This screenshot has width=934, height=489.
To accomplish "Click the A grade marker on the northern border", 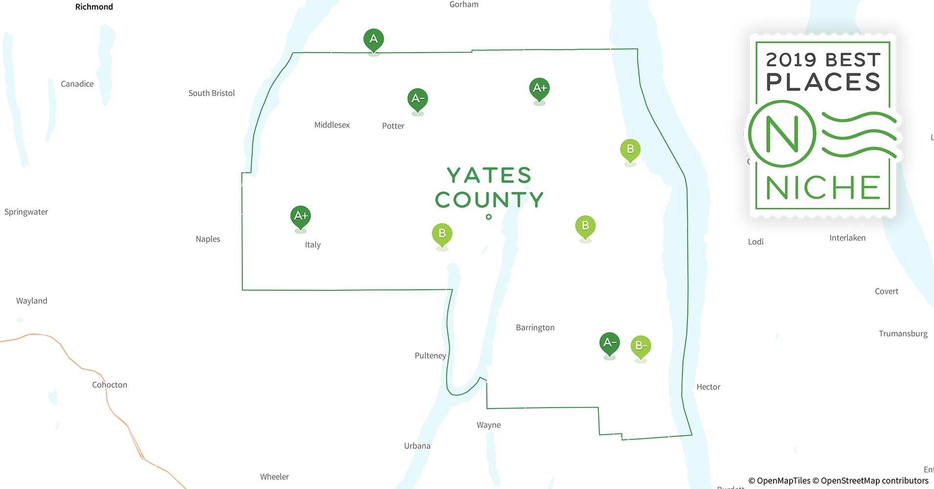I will click(x=374, y=40).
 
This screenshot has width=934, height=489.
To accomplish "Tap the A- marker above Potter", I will click(x=418, y=99).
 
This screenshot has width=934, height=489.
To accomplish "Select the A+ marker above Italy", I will click(x=301, y=217).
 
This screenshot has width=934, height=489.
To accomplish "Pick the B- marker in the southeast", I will click(x=641, y=346).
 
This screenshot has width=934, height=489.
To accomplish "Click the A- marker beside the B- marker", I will click(x=609, y=343).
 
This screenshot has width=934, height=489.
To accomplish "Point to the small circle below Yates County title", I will click(x=489, y=217).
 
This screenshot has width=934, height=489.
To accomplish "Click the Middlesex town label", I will click(x=332, y=125).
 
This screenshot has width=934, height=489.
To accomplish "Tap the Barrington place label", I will click(x=535, y=328).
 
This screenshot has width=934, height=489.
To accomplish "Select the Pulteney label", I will click(x=430, y=356).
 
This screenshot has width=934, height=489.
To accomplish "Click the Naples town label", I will click(x=208, y=239).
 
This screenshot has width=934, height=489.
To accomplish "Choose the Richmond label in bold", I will click(x=94, y=7).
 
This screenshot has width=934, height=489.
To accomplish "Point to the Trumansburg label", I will click(x=903, y=334).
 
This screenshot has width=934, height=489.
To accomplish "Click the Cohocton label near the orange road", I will click(x=110, y=385).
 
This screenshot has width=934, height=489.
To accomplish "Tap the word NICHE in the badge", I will click(x=823, y=188).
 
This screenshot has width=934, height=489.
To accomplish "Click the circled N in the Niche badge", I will click(x=782, y=134).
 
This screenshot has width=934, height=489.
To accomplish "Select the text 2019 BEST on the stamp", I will click(x=823, y=60).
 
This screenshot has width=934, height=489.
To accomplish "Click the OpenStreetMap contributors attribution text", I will click(x=874, y=481).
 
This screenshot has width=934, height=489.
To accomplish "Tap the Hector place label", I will click(x=708, y=387).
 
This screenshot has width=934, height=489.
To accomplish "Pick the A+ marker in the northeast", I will click(x=539, y=89).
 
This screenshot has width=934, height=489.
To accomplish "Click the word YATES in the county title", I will click(x=489, y=176).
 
